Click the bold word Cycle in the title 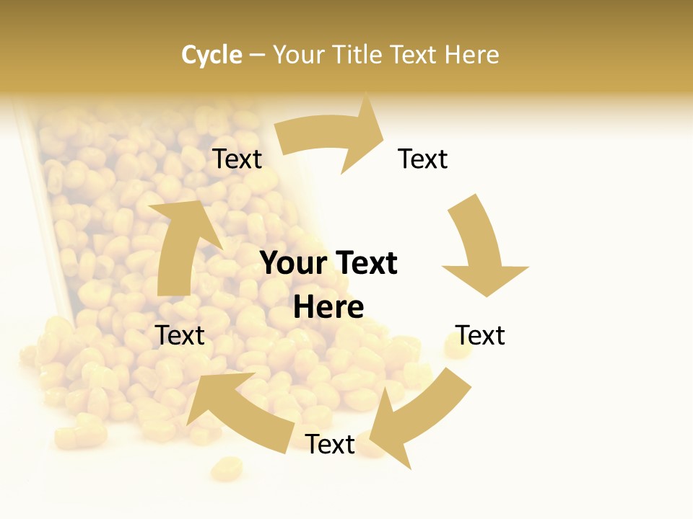212,55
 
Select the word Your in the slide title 297,55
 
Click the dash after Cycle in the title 257,56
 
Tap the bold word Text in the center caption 364,263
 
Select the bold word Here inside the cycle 328,307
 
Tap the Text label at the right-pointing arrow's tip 423,159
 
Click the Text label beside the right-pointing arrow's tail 237,159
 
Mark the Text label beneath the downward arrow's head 480,335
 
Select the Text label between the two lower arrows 330,444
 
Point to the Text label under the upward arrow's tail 180,335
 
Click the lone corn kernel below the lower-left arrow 226,469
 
